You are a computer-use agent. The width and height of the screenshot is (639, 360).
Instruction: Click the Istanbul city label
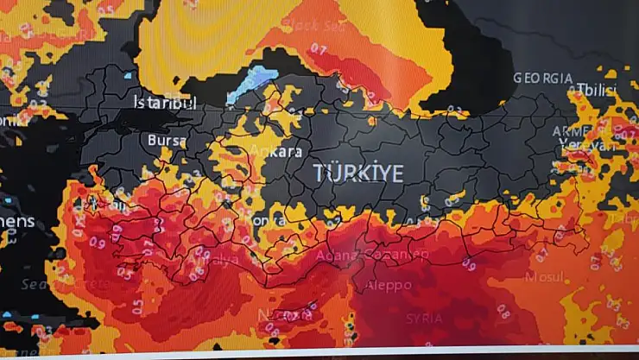[x=164, y=103]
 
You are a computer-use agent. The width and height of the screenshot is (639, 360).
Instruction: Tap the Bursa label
[x=168, y=139]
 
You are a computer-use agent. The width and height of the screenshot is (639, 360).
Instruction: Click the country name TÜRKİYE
[x=358, y=173]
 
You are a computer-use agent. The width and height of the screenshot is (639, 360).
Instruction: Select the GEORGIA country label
[x=543, y=78]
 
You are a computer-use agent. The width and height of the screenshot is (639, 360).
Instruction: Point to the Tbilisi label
[x=597, y=91]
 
